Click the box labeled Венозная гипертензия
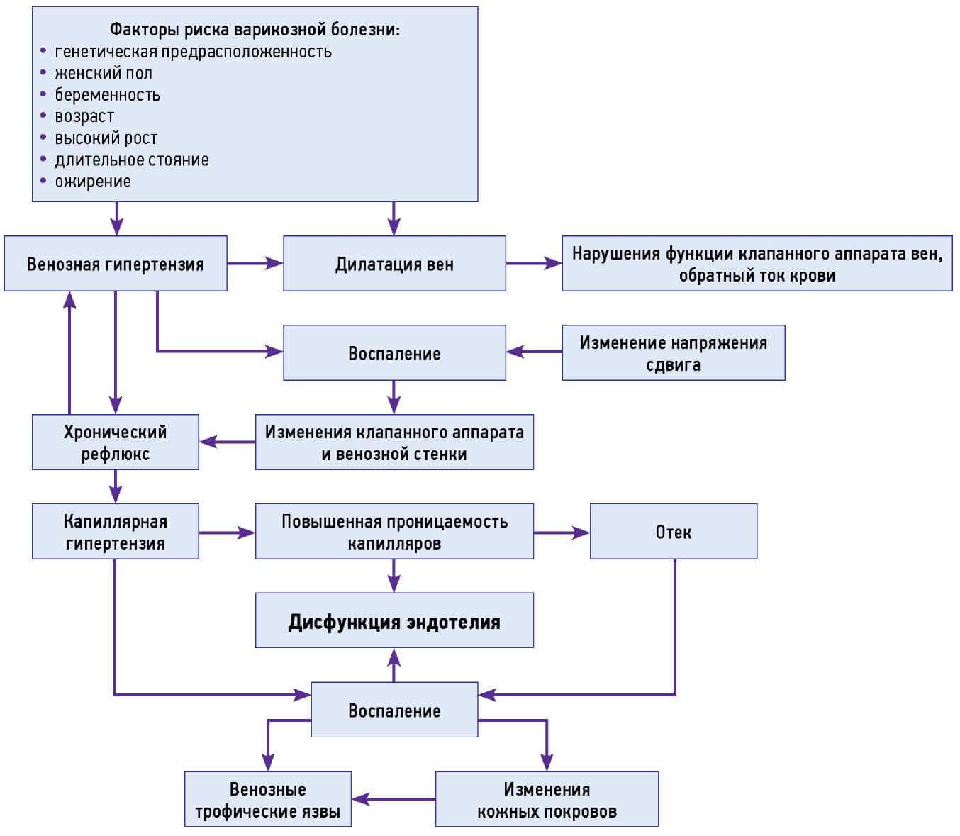[115, 264]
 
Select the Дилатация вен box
[394, 264]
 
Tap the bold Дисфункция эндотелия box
[394, 621]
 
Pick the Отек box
[673, 532]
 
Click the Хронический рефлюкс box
[115, 442]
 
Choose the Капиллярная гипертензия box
[115, 532]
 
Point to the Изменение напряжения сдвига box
[673, 353]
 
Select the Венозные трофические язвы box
[267, 800]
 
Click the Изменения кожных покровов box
[547, 800]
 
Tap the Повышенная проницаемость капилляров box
[394, 532]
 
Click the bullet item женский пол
[104, 73]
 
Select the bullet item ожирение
[93, 182]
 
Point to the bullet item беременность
[108, 95]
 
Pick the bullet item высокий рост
[106, 138]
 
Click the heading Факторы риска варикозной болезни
[255, 30]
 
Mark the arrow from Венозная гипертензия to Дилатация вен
[255, 264]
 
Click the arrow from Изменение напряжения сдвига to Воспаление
[534, 352]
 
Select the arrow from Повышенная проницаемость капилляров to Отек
[562, 533]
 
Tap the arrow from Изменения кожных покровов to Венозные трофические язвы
[394, 799]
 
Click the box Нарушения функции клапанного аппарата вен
[757, 264]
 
